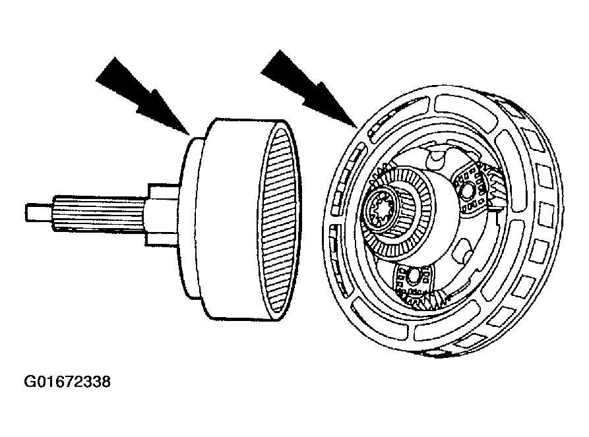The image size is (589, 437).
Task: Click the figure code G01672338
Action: pyautogui.click(x=67, y=382)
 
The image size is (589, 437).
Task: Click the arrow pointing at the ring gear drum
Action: pyautogui.click(x=142, y=96)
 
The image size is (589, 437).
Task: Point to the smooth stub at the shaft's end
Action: pyautogui.click(x=40, y=212)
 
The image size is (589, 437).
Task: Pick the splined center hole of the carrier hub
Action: pyautogui.click(x=381, y=209)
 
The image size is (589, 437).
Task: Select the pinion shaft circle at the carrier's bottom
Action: pyautogui.click(x=413, y=277)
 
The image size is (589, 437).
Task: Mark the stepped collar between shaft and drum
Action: pyautogui.click(x=162, y=214)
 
